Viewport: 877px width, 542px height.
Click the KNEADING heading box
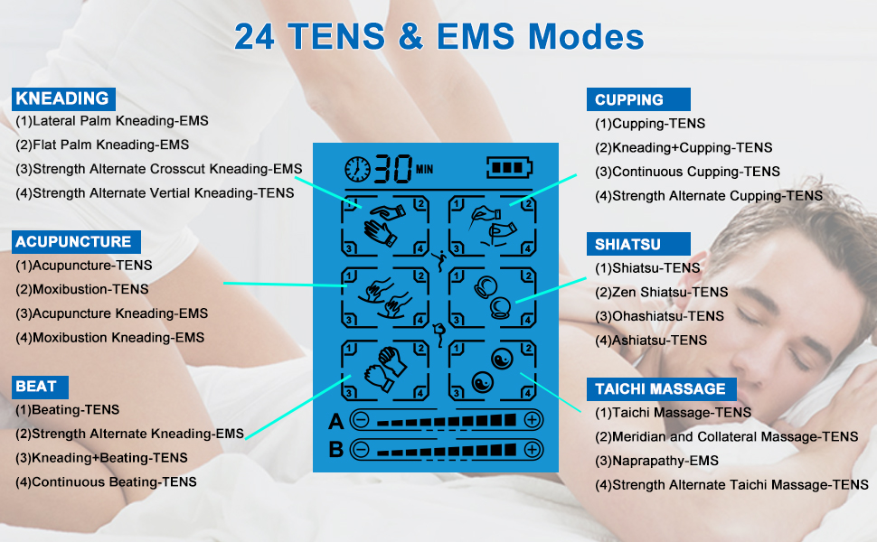coord(62,99)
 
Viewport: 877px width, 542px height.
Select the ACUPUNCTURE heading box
coord(74,242)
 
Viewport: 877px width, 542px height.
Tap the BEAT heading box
coord(37,387)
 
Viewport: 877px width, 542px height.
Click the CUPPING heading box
coord(637,100)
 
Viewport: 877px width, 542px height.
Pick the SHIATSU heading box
coord(637,244)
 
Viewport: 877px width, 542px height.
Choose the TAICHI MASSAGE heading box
coord(661,389)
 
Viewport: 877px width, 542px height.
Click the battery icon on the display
coord(511,168)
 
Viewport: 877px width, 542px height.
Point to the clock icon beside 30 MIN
coord(358,169)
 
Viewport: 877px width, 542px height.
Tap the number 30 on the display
coord(393,168)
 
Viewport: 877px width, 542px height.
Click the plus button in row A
coord(532,420)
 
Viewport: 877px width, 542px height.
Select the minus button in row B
coord(360,449)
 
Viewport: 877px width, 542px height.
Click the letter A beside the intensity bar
coord(335,421)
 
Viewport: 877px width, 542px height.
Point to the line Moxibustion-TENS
coord(82,289)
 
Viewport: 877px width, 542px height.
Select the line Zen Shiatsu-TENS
coord(661,292)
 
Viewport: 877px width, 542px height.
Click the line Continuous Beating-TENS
coord(106,482)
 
